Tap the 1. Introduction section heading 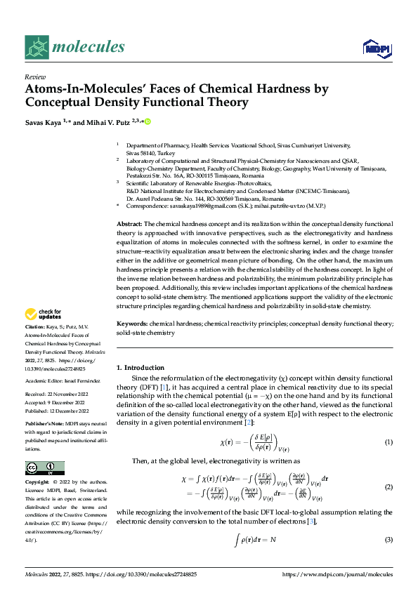tap(141, 368)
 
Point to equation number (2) tap(388, 486)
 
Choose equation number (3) tap(388, 539)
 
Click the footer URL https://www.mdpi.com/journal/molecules tap(337, 574)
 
